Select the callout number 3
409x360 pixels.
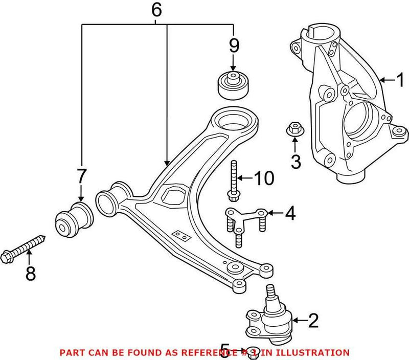[296, 162]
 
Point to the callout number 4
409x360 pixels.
[290, 213]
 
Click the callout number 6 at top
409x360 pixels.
[157, 9]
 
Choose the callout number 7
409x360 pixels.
[81, 176]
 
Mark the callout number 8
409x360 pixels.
[31, 274]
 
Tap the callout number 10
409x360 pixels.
[264, 178]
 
